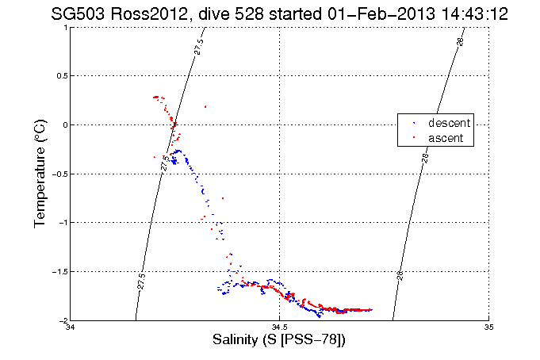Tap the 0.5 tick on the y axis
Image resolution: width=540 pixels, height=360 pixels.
(x=60, y=76)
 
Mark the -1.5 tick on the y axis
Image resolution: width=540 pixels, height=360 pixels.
(x=59, y=271)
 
